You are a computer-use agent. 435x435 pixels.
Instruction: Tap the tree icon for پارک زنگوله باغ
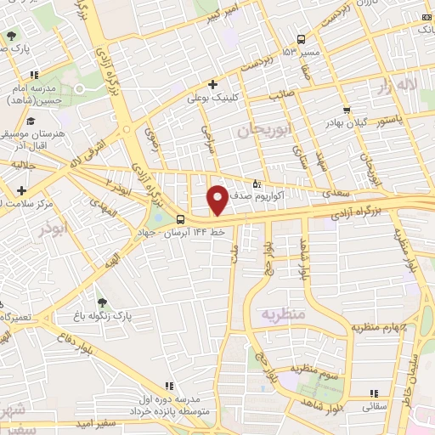click(102, 302)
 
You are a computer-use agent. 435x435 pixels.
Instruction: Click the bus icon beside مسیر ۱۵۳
click(302, 39)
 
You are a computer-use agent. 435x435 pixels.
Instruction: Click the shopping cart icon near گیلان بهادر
click(346, 110)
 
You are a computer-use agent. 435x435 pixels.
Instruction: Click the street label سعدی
click(333, 195)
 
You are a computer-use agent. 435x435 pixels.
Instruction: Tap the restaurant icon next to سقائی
click(374, 393)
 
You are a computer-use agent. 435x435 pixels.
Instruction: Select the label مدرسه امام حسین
click(35, 94)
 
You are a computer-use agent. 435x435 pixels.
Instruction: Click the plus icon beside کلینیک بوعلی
click(213, 83)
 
